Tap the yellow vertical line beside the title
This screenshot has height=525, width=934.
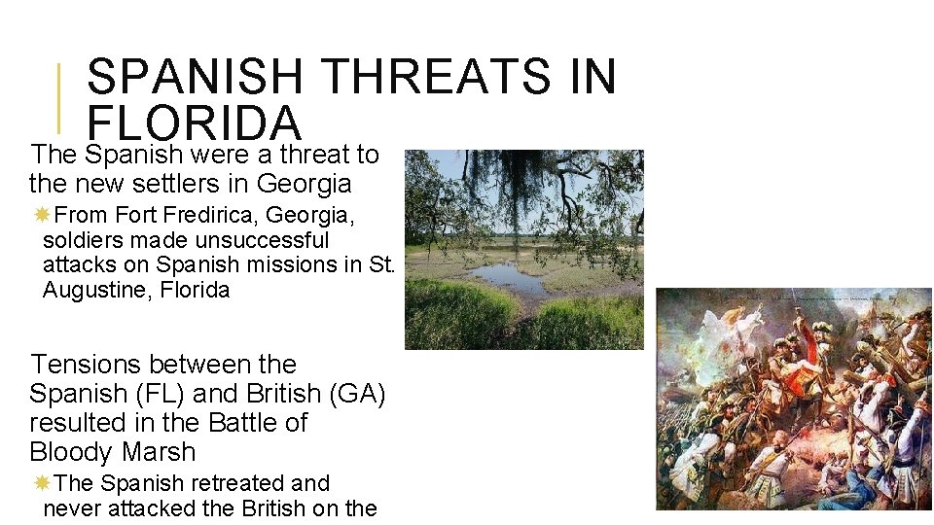click(59, 97)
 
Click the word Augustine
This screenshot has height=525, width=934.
click(88, 291)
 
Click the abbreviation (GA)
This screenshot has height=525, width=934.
click(359, 394)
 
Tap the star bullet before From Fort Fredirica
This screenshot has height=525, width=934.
click(43, 214)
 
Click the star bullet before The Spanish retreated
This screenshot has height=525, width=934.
click(43, 482)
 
